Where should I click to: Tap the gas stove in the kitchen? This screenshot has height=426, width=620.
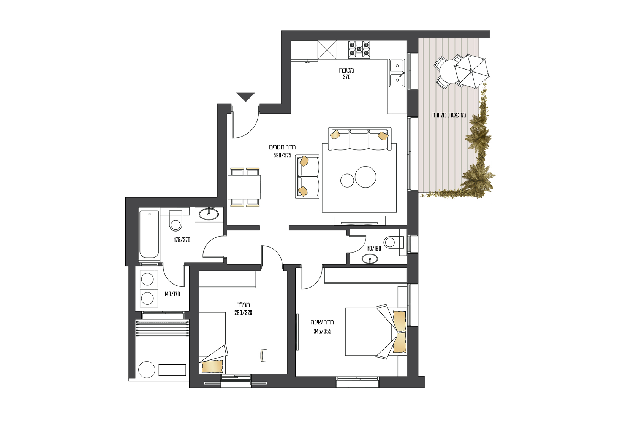coord(359,49)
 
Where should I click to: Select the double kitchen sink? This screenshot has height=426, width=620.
coord(397,73)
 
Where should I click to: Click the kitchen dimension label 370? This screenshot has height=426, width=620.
coord(346,77)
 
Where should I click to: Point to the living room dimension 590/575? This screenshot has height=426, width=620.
coord(282,156)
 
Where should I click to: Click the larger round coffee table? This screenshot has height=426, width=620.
coord(365,177)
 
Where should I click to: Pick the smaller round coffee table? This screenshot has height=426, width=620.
coord(347,180)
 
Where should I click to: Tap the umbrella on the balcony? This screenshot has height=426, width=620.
coord(471,71)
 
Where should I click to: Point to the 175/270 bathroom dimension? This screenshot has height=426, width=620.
coord(182,240)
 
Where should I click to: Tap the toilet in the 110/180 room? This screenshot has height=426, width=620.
coord(392,242)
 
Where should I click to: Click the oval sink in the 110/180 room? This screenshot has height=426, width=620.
coord(370,259)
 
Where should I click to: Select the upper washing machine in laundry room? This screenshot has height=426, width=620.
coord(147,279)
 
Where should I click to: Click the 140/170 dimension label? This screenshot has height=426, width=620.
coord(172,294)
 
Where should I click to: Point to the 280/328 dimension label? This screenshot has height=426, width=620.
coord(243,313)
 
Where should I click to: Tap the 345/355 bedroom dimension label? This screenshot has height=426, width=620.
coord(322,331)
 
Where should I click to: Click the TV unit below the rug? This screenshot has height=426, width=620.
coord(359,221)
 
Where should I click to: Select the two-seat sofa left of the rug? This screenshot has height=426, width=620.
coord(307,176)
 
